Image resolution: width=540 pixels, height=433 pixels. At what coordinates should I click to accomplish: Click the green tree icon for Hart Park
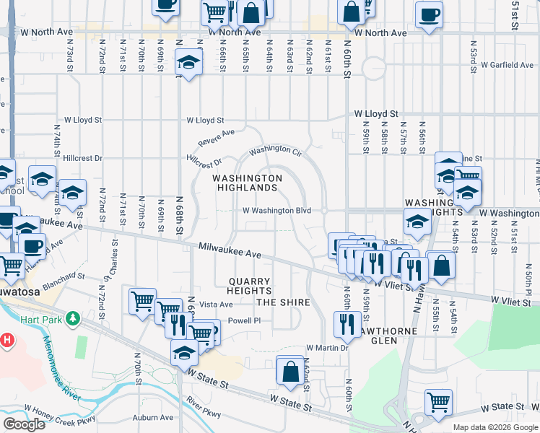click(x=72, y=318)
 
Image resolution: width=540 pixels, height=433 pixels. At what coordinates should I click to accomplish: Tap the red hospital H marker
click(x=6, y=339)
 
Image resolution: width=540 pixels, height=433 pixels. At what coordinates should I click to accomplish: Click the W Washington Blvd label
click(x=276, y=211)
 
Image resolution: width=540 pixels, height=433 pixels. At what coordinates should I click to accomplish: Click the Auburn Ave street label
click(x=153, y=417)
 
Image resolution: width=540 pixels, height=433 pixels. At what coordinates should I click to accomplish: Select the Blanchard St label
click(x=61, y=276)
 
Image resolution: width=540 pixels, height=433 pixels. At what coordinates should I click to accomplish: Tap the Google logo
click(x=24, y=424)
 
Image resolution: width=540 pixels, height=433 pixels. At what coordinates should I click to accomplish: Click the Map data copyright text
click(x=495, y=428)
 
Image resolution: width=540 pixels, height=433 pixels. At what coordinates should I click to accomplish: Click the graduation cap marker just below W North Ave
click(x=188, y=63)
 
